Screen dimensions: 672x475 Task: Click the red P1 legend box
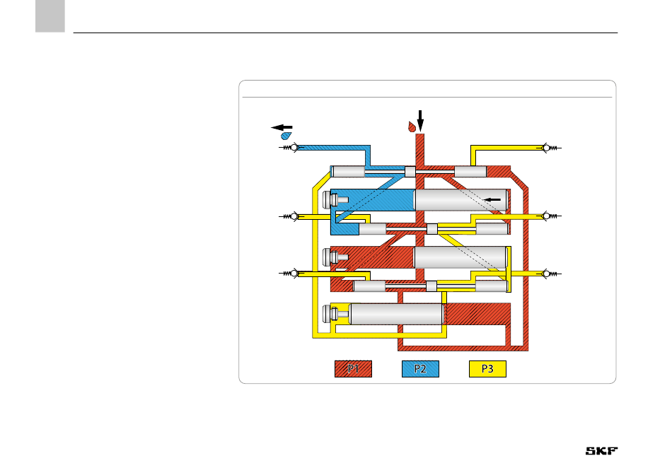[353, 369]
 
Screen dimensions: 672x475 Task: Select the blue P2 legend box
[420, 369]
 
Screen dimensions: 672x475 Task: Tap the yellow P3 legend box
[487, 369]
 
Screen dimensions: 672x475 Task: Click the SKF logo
[602, 450]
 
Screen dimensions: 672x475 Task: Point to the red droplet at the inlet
[412, 127]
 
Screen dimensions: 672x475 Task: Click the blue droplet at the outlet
[286, 136]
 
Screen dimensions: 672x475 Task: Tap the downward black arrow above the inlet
[420, 121]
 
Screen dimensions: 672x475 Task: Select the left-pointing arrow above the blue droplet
[282, 127]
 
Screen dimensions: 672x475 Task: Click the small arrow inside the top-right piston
[492, 199]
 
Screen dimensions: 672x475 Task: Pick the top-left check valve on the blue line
[291, 148]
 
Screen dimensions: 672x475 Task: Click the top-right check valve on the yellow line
[549, 148]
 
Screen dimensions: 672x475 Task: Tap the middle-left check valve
[291, 216]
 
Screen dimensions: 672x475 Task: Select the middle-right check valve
[549, 216]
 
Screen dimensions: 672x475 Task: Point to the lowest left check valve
[291, 274]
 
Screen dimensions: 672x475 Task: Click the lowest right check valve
[549, 274]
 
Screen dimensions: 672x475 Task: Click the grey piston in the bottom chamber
[396, 314]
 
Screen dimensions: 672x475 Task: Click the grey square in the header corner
[50, 16]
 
